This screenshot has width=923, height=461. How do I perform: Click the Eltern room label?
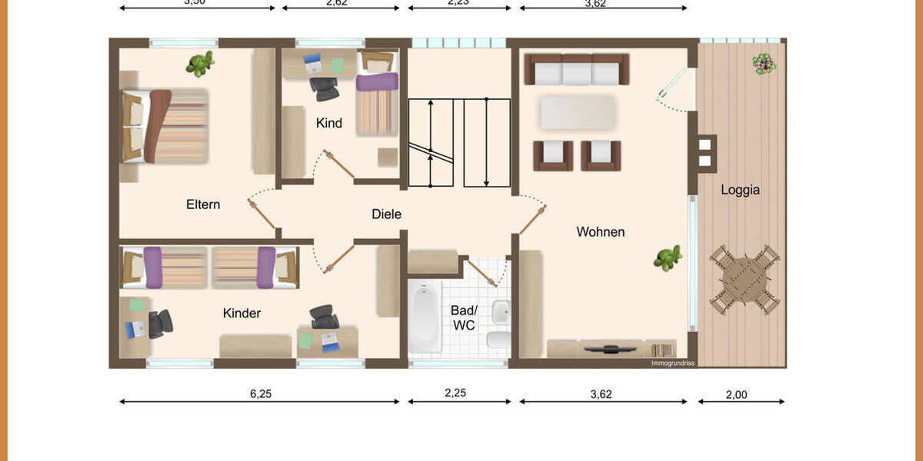(x=203, y=204)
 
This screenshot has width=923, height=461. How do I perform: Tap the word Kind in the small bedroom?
(x=328, y=123)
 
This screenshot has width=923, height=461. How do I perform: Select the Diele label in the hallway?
(x=386, y=214)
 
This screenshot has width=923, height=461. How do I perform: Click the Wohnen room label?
(x=601, y=231)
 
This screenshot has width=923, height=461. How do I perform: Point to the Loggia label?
(x=740, y=190)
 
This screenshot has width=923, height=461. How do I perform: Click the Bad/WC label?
(x=463, y=318)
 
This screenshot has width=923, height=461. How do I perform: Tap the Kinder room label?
(x=242, y=313)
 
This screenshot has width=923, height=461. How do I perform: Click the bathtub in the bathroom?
(x=424, y=317)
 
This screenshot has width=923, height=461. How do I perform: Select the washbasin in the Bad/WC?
(x=500, y=312)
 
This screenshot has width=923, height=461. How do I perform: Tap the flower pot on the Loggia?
(x=763, y=64)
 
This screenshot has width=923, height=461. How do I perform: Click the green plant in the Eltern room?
(x=200, y=64)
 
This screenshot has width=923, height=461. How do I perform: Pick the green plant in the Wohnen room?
(x=668, y=258)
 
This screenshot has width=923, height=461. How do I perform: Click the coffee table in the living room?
(x=578, y=112)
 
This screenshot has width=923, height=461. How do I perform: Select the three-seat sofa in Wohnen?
(x=577, y=70)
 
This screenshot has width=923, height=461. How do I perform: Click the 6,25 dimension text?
(x=261, y=394)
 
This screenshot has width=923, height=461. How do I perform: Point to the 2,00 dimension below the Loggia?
(x=736, y=395)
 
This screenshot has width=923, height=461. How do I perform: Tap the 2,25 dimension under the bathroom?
(x=456, y=393)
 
